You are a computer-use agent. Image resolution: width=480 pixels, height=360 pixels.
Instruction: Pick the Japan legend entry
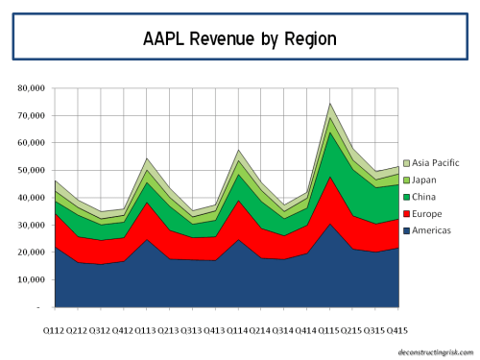tap(428, 180)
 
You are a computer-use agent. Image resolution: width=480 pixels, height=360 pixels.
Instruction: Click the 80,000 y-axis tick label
tap(31, 88)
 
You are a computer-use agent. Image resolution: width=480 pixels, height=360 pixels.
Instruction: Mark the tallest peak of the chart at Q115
tap(330, 103)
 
